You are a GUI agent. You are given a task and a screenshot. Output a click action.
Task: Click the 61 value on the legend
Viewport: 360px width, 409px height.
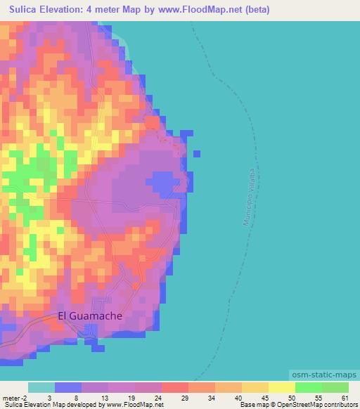[x=344, y=397]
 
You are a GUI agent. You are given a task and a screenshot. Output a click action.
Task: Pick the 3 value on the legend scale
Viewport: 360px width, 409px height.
[x=49, y=397]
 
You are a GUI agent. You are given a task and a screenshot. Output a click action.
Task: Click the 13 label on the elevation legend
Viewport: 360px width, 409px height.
[x=103, y=397]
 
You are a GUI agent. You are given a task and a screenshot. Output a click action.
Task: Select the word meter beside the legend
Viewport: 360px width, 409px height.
[x=14, y=397]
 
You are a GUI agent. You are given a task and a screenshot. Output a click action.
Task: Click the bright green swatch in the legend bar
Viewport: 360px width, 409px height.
[x=308, y=387]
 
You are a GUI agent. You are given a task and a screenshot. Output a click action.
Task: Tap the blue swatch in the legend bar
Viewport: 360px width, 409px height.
[x=68, y=387]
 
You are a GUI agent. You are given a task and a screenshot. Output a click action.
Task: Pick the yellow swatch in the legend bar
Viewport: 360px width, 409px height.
[x=281, y=387]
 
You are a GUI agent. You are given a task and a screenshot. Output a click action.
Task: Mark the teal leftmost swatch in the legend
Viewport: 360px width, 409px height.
[x=41, y=387]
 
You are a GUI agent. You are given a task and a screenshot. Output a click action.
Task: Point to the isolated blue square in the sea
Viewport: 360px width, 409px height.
[x=196, y=152]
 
